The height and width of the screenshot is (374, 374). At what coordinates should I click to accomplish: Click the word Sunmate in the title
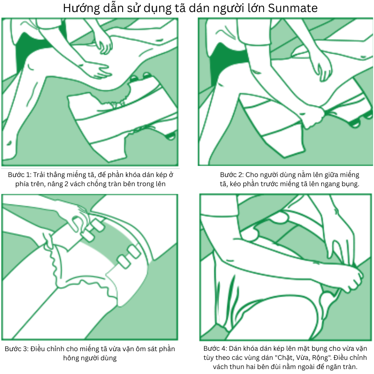pyautogui.click(x=293, y=8)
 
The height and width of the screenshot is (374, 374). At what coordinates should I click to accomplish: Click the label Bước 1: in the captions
pyautogui.click(x=20, y=175)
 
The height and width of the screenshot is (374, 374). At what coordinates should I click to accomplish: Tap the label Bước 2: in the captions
pyautogui.click(x=231, y=175)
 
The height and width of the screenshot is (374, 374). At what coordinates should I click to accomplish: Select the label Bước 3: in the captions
pyautogui.click(x=17, y=349)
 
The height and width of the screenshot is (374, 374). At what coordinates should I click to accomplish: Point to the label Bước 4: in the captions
pyautogui.click(x=215, y=349)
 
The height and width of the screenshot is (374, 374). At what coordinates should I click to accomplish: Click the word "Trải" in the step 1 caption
pyautogui.click(x=39, y=175)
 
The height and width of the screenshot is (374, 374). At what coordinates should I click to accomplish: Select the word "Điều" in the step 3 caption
pyautogui.click(x=38, y=349)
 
